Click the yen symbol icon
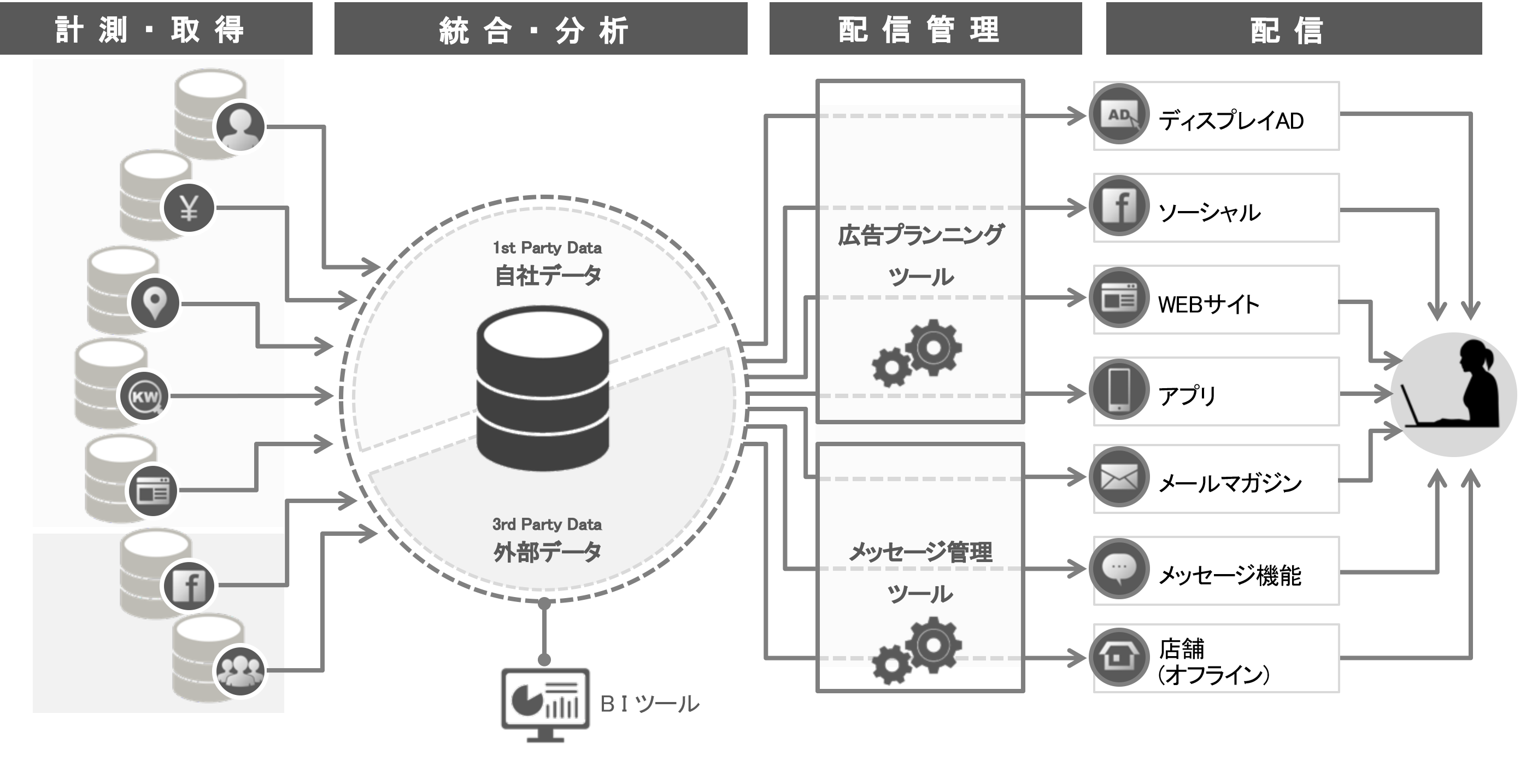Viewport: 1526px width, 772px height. click(x=189, y=208)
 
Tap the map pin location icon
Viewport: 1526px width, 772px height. click(x=155, y=303)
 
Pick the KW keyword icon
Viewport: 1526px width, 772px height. click(x=144, y=396)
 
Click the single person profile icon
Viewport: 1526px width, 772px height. click(x=239, y=127)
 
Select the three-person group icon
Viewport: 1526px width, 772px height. click(x=239, y=671)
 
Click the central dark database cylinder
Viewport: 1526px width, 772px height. click(x=543, y=388)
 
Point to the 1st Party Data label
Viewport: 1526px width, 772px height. click(x=547, y=248)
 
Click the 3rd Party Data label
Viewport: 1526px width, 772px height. click(x=547, y=524)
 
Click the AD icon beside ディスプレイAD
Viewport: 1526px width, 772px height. click(x=1118, y=114)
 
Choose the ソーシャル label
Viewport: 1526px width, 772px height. click(x=1208, y=212)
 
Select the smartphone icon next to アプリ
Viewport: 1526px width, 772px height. click(x=1118, y=389)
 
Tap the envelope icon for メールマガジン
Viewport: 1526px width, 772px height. click(x=1118, y=477)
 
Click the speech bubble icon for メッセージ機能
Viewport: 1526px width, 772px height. click(x=1118, y=569)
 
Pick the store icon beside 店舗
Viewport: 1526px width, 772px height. click(x=1118, y=658)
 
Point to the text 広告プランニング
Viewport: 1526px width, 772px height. click(x=920, y=235)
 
